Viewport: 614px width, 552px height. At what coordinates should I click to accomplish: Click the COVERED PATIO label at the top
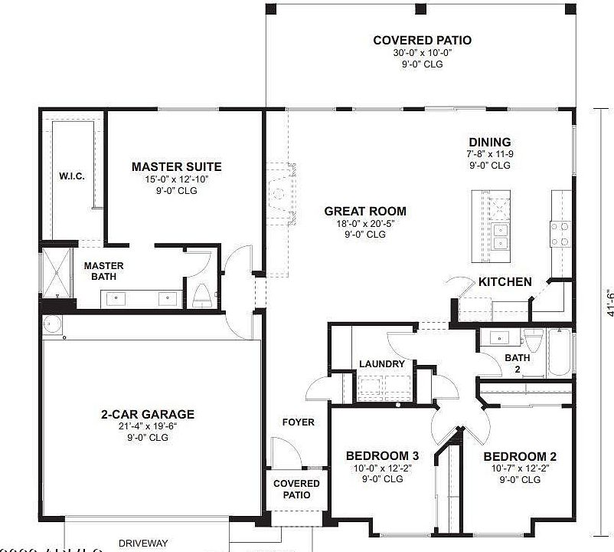click(422, 40)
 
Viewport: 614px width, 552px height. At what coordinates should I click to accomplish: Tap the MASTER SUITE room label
click(176, 166)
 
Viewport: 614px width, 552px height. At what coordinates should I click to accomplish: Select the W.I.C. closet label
click(71, 176)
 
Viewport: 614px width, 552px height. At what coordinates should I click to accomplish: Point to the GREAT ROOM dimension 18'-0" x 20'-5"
click(364, 224)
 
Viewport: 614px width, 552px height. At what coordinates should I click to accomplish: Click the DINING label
click(489, 142)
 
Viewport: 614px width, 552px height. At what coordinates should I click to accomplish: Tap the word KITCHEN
click(505, 282)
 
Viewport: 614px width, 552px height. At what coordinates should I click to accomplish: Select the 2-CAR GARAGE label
click(148, 414)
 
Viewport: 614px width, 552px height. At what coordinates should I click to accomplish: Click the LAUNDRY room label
click(381, 364)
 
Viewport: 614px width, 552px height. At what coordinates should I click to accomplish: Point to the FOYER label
click(298, 422)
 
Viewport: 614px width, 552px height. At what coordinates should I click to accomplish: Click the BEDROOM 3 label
click(382, 455)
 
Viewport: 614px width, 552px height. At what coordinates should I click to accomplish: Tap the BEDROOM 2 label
click(520, 457)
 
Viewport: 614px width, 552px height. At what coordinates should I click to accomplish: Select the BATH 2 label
click(517, 363)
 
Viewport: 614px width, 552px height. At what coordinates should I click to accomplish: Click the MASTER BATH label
click(103, 271)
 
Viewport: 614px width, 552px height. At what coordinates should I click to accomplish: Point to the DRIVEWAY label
click(144, 543)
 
